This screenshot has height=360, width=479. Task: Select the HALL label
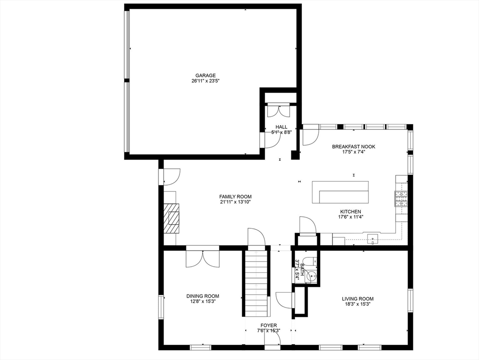tap(281, 127)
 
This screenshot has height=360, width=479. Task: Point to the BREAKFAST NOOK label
tap(353, 147)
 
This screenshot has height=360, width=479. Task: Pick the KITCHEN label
tap(351, 211)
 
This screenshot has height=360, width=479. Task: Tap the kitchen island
tap(340, 192)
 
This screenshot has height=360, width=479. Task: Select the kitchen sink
tap(373, 238)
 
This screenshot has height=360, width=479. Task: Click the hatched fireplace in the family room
tap(171, 218)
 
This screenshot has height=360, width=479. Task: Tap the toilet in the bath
tap(312, 261)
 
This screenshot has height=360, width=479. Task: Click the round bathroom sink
tap(312, 277)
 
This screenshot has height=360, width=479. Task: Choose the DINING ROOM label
tap(203, 296)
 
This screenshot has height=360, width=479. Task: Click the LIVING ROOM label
tap(358, 299)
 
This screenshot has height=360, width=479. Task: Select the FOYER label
tap(269, 325)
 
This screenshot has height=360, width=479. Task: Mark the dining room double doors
tap(202, 259)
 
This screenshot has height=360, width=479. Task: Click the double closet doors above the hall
tap(278, 111)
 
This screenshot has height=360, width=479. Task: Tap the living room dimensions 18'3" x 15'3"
tap(358, 304)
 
